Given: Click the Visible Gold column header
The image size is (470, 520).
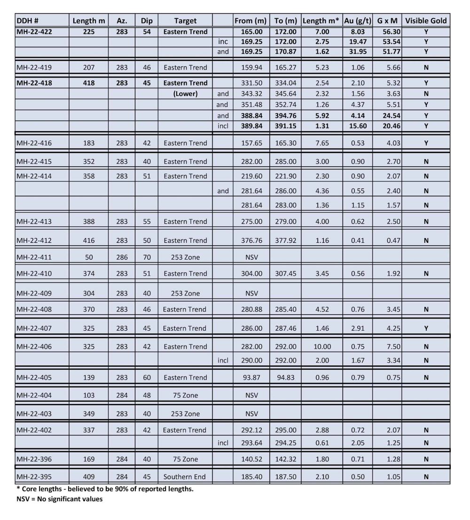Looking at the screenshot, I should (426, 21).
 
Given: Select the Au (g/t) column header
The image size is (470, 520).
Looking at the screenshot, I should (357, 21).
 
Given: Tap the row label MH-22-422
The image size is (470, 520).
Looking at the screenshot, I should (34, 32).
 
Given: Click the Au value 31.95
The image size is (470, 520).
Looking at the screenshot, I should (357, 52).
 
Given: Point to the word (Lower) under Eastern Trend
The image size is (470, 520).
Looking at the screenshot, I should (185, 93).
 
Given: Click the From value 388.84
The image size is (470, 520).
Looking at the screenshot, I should (251, 116).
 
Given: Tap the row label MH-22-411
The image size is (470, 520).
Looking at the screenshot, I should (34, 257).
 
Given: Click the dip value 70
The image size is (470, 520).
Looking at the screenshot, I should (147, 257).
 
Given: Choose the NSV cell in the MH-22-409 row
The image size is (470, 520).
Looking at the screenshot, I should (252, 293).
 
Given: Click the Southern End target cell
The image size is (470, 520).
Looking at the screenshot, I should (185, 477).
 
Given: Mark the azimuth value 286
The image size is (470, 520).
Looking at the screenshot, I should (122, 257).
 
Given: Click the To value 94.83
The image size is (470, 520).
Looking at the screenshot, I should (285, 377).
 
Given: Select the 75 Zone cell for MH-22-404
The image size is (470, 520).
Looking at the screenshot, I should (185, 395).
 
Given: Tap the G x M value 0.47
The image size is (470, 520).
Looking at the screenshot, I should (393, 241).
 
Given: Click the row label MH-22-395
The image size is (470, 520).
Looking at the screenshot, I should (34, 477).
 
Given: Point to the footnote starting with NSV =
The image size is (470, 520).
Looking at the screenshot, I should (59, 499).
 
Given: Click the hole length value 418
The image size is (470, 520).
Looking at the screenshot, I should (88, 83).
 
